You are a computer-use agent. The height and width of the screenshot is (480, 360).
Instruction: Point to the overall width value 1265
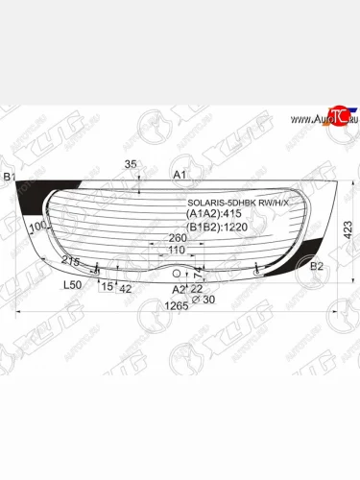pos(174,306)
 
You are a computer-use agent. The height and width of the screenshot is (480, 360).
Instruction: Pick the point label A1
pos(179,176)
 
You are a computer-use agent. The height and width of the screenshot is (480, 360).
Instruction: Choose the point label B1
pos(10,178)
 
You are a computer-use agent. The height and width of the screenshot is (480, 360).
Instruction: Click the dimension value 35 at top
pos(132,165)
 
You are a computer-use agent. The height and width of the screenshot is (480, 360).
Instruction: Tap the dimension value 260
pos(178,239)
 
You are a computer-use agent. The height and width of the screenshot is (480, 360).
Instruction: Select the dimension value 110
pos(177,251)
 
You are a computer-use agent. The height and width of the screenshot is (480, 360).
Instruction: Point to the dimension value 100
pos(37,228)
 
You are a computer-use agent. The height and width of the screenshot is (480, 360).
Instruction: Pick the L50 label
pos(72,286)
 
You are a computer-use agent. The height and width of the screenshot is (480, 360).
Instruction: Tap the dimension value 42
pos(125,287)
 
